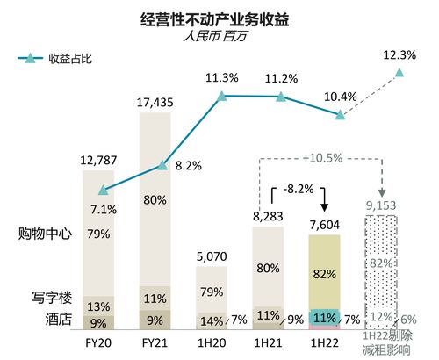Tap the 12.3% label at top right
click(399, 55)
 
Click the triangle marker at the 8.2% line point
click(162, 165)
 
